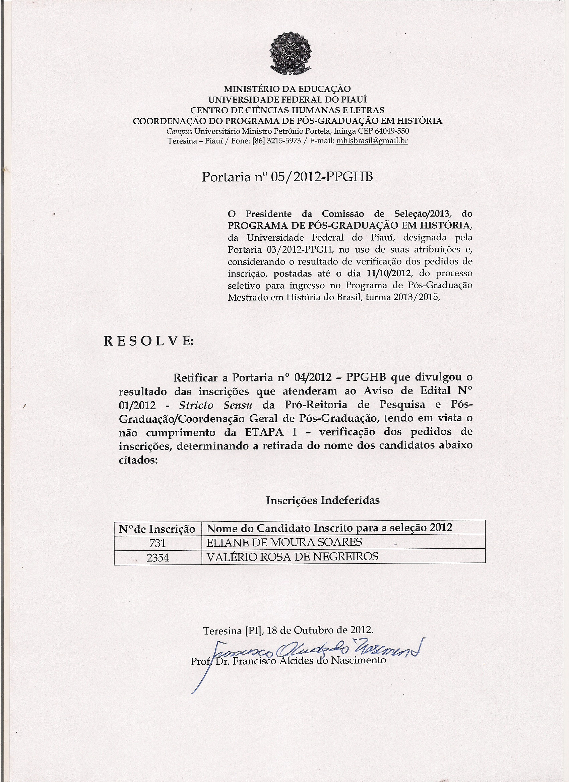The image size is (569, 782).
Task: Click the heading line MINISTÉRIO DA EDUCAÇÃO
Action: [x=287, y=89]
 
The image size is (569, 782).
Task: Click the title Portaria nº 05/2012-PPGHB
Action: [x=287, y=177]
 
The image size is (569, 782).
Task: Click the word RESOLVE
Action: [x=148, y=341]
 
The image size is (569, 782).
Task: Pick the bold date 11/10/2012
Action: [x=386, y=274]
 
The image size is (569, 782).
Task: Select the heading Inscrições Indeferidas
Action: [x=323, y=500]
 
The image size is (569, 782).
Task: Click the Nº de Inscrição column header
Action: [x=157, y=529]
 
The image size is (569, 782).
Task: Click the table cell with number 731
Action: [x=157, y=543]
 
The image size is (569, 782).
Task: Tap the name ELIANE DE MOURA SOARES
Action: [x=284, y=542]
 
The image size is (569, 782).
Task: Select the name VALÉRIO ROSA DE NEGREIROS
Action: [x=292, y=556]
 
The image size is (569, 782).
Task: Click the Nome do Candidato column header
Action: [x=329, y=528]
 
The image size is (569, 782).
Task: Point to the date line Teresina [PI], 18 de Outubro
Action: [x=288, y=630]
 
